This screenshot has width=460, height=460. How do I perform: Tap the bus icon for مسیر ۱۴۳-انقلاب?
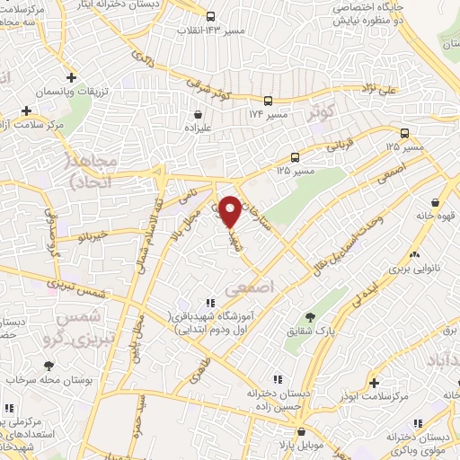pyautogui.click(x=210, y=16)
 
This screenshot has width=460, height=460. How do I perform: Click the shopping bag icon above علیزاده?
pyautogui.click(x=198, y=115)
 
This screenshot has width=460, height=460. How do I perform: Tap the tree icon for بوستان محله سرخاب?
pyautogui.click(x=49, y=366)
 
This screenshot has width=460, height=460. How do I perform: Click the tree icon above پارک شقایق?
pyautogui.click(x=311, y=316)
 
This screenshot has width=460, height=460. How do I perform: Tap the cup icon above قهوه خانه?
pyautogui.click(x=435, y=202)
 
